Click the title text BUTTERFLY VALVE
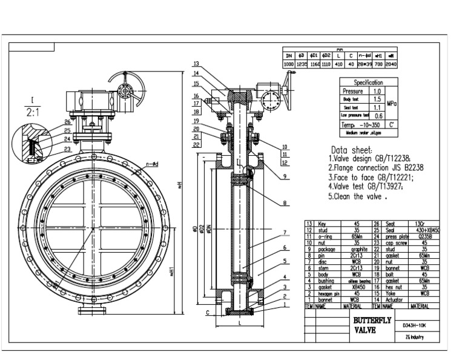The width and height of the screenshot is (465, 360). click(x=371, y=325)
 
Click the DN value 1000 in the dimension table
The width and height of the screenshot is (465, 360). click(x=289, y=64)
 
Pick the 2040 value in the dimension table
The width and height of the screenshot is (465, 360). click(x=391, y=64)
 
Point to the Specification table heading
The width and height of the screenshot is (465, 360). click(x=368, y=82)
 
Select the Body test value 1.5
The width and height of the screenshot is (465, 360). click(x=377, y=99)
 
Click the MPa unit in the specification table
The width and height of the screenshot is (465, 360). click(x=391, y=103)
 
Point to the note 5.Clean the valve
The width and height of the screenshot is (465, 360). click(x=357, y=196)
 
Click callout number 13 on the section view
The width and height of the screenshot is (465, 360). click(x=196, y=64)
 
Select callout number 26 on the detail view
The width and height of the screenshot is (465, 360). click(x=67, y=122)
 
